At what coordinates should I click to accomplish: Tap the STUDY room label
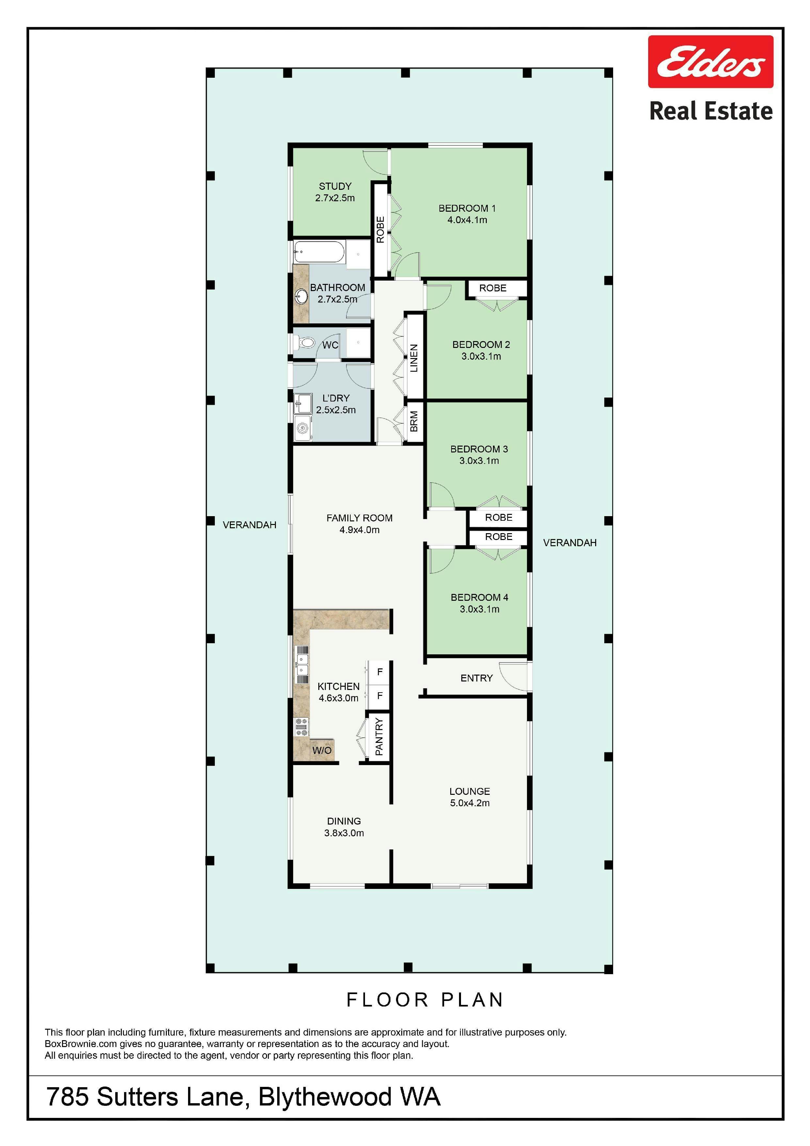click(335, 186)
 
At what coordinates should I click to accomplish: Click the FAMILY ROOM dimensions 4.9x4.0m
click(359, 530)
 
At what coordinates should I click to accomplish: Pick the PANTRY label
click(379, 737)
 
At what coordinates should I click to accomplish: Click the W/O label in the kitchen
click(322, 750)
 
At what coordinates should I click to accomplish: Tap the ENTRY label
click(476, 678)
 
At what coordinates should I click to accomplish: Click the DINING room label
click(344, 821)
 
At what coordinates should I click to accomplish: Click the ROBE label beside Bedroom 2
click(493, 288)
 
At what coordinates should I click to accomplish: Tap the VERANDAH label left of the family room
click(249, 525)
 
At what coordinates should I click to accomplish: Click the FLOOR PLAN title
click(425, 1000)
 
